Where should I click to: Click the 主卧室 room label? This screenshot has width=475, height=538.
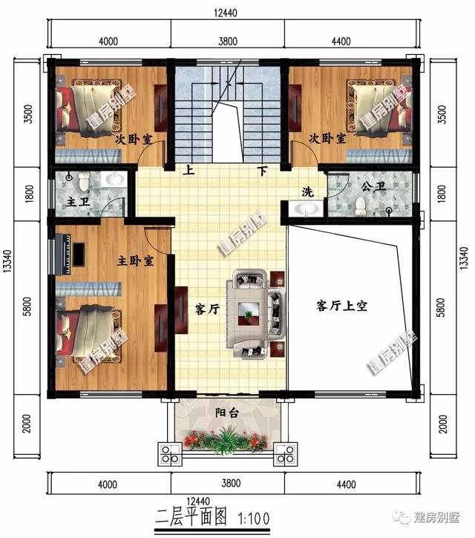tap(135, 262)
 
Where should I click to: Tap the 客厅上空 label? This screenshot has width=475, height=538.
tap(342, 305)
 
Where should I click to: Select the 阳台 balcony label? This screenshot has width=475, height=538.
tap(226, 413)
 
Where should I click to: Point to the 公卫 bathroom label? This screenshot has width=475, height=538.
tap(373, 187)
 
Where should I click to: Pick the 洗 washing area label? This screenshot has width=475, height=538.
tap(307, 191)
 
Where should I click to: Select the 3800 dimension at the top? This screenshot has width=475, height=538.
tap(229, 42)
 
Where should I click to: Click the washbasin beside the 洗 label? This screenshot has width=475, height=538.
tap(306, 211)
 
